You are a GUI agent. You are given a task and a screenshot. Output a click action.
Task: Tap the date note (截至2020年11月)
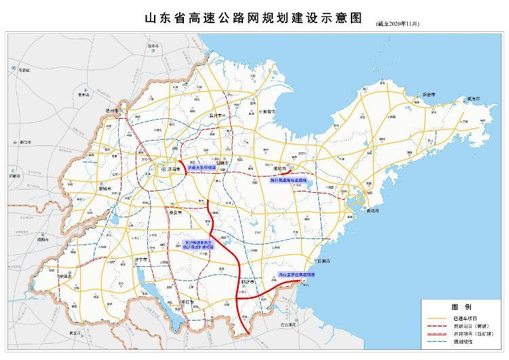coord(397,24)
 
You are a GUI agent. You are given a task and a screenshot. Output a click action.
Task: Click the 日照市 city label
coord(322,261)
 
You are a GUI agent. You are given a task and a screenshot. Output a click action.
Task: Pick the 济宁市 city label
coord(140,259)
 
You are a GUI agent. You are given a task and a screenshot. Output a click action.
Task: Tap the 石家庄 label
coord(24,70)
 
